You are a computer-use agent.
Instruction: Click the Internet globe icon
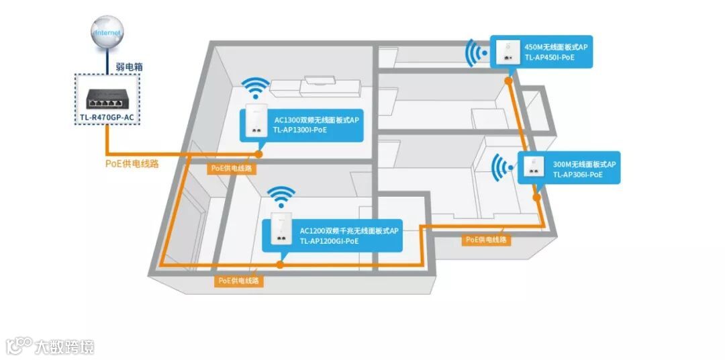click(108, 32)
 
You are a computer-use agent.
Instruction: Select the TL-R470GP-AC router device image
click(107, 101)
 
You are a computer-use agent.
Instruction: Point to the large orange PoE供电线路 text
click(132, 164)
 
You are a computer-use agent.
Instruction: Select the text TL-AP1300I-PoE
click(300, 130)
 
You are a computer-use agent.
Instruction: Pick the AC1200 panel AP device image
click(281, 230)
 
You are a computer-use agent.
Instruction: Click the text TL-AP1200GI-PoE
click(329, 240)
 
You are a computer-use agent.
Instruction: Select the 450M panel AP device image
click(505, 52)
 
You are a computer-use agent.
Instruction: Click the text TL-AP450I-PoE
click(549, 58)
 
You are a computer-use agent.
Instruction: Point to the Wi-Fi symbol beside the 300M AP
click(500, 169)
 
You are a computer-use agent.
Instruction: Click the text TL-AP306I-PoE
click(577, 175)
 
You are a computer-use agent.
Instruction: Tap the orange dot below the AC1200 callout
click(280, 265)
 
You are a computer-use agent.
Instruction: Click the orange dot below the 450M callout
click(508, 80)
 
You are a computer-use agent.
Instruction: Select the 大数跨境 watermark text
click(65, 347)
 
